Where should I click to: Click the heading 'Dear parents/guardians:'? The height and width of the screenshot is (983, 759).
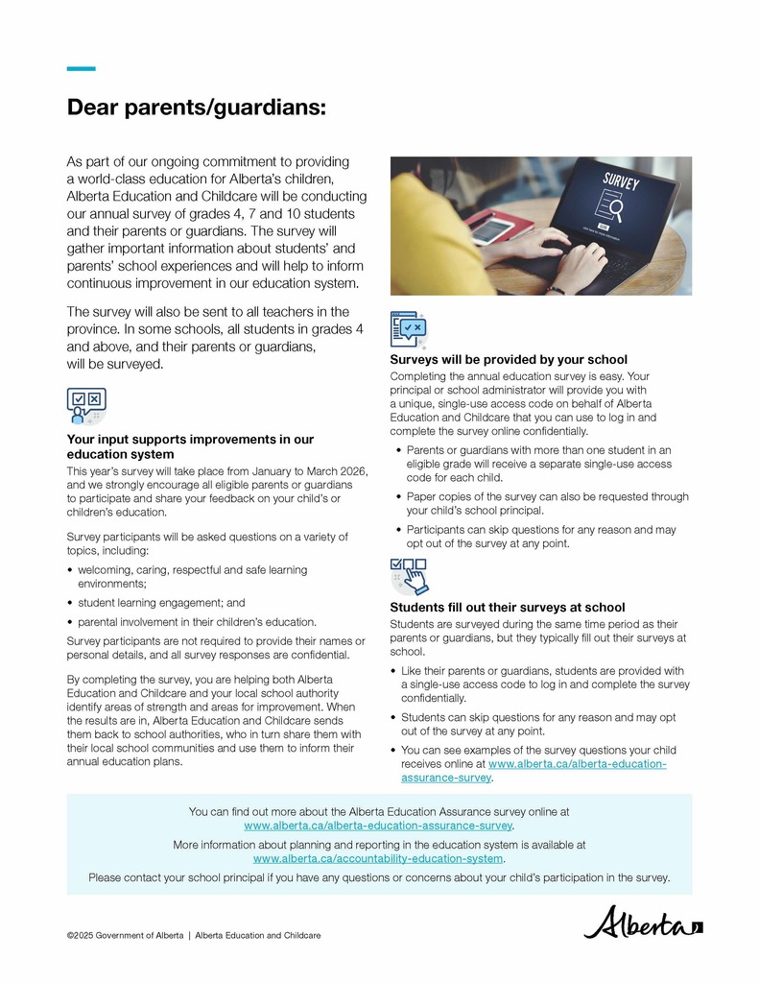(197, 108)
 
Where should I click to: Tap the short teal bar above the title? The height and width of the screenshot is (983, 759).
(81, 68)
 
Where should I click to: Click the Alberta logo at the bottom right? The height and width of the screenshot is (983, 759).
(643, 924)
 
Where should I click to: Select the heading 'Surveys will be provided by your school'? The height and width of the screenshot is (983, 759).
(509, 360)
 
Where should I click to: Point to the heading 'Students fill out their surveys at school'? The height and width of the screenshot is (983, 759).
(508, 608)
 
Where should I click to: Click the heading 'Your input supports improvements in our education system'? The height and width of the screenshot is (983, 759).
(190, 446)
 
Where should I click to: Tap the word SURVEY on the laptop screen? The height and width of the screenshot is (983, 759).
(621, 181)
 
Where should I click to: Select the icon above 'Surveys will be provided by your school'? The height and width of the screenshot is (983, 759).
(409, 328)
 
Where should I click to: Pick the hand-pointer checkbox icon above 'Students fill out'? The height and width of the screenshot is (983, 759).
(409, 576)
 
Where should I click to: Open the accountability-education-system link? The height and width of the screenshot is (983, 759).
(378, 859)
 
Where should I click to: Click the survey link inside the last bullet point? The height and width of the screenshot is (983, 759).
(577, 764)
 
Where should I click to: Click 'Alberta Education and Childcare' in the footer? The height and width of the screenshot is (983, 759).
(257, 935)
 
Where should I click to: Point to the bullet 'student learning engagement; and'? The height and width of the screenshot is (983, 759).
(161, 603)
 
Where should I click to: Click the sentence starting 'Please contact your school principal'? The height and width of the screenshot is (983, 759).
(379, 877)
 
